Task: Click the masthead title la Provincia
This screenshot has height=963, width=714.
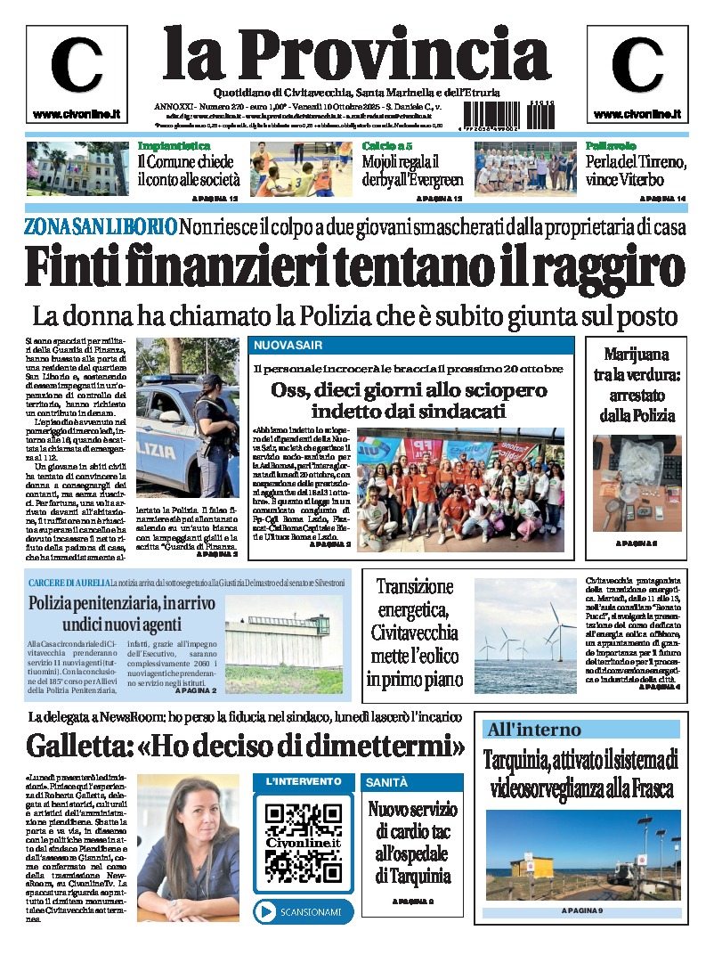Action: click(356, 52)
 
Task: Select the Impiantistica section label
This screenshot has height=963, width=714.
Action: click(174, 145)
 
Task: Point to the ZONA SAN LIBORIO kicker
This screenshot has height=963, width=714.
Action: click(100, 227)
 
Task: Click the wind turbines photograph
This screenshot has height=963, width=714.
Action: click(524, 635)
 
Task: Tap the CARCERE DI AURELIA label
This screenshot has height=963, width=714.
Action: click(67, 582)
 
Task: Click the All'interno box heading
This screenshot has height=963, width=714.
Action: click(533, 730)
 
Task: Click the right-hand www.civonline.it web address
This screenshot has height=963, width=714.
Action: click(637, 114)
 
